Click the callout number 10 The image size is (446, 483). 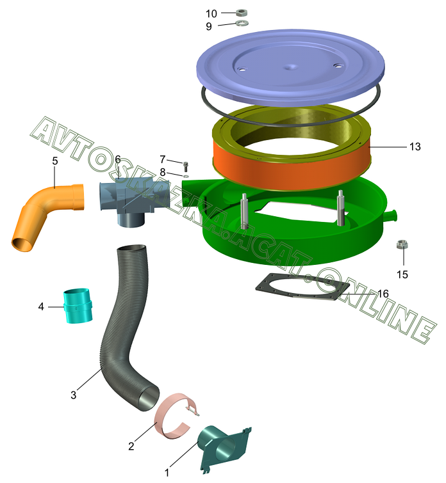tap(211, 13)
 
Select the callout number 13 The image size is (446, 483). tap(415, 146)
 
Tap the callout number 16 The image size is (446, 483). tap(383, 294)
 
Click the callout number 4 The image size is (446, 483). tap(41, 307)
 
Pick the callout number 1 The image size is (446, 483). tap(167, 473)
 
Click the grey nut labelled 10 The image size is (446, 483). tap(242, 12)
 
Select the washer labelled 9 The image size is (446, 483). tap(242, 24)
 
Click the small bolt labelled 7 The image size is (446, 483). tap(186, 165)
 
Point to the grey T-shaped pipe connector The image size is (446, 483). tap(131, 203)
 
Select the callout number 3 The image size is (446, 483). tap(73, 395)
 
